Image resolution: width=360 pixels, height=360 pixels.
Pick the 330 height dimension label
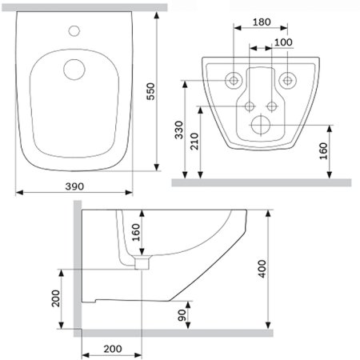click(x=178, y=130)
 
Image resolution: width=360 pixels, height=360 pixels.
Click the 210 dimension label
click(x=192, y=142)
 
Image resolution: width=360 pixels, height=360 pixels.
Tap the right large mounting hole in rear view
click(x=286, y=80)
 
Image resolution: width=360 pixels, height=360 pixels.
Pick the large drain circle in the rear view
click(x=260, y=125)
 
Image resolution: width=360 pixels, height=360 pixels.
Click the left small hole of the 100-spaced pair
click(x=250, y=106)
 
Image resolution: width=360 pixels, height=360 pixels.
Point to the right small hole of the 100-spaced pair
click(x=272, y=106)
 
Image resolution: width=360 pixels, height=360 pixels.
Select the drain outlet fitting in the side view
click(x=142, y=262)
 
